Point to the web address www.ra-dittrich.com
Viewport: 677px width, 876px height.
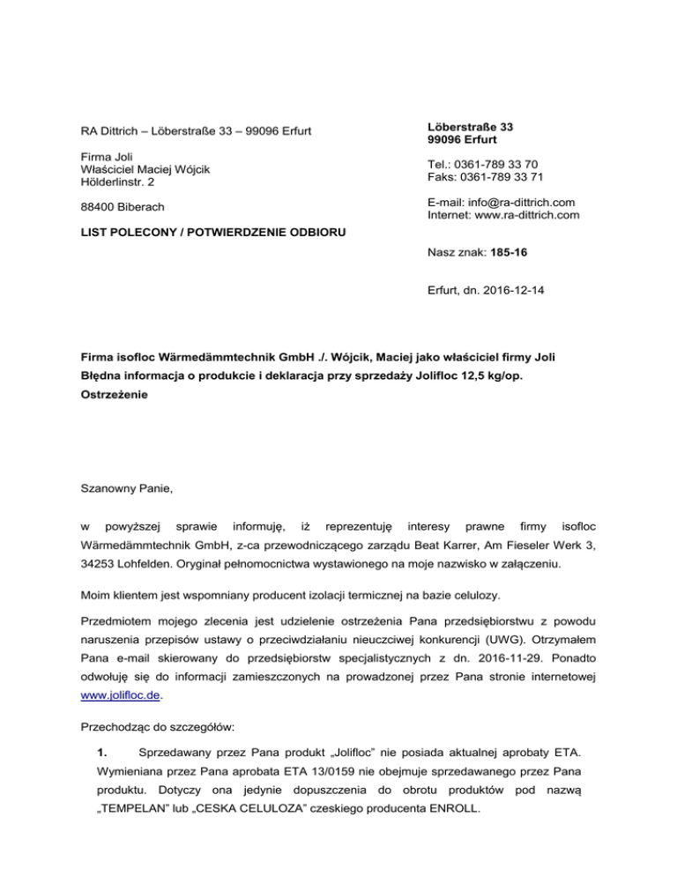click(x=527, y=214)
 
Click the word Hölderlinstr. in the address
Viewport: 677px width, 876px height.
click(x=104, y=182)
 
